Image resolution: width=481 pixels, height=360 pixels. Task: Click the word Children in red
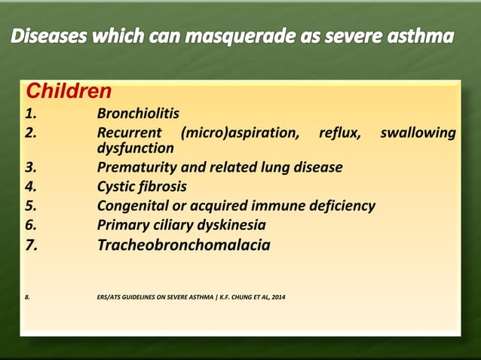coord(69,92)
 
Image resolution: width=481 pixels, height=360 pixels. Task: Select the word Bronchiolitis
coord(138,114)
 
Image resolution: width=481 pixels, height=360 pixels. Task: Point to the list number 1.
coord(30,114)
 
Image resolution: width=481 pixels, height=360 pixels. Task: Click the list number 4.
coord(31,186)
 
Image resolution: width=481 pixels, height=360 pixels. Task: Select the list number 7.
coord(32,245)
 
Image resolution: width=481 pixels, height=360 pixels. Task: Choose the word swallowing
coord(418,133)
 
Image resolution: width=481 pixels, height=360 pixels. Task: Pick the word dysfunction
coord(136,149)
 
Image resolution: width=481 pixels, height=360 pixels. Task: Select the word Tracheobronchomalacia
coord(183,245)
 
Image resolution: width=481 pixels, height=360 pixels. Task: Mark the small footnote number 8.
coord(28,304)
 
